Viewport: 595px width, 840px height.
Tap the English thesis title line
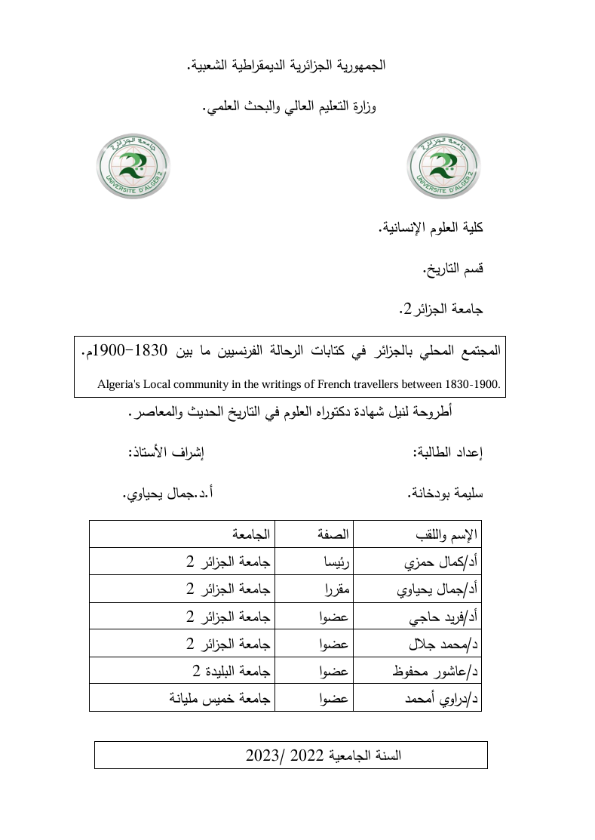click(299, 383)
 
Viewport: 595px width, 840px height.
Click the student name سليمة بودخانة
click(445, 493)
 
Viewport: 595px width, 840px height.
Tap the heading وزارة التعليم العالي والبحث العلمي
click(290, 106)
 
